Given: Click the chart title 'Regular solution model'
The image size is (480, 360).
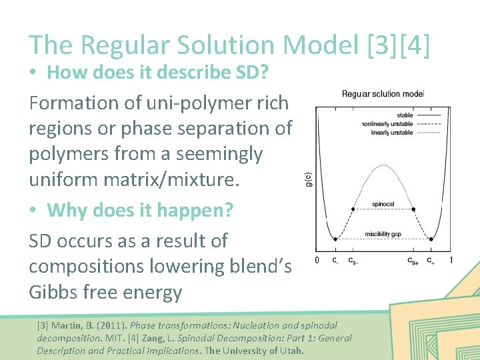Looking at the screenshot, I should tap(382, 94).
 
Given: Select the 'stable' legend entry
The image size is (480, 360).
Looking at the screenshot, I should tap(405, 115).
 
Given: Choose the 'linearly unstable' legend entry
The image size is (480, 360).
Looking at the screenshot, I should tap(392, 133).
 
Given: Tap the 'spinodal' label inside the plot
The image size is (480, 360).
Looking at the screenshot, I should tap(383, 204).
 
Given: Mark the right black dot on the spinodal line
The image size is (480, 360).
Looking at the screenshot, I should tap(413, 209).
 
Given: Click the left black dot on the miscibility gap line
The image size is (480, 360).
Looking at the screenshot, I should tap(335, 239).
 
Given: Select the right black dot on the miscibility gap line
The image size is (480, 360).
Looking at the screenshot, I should tap(431, 239).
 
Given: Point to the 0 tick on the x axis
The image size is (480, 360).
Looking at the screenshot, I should tap(316, 260).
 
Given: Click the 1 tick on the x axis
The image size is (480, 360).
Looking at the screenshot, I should tap(451, 260).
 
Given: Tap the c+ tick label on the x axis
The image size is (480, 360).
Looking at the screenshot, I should tap(431, 261).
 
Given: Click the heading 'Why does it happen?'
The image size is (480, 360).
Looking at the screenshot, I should tap(140, 211).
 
